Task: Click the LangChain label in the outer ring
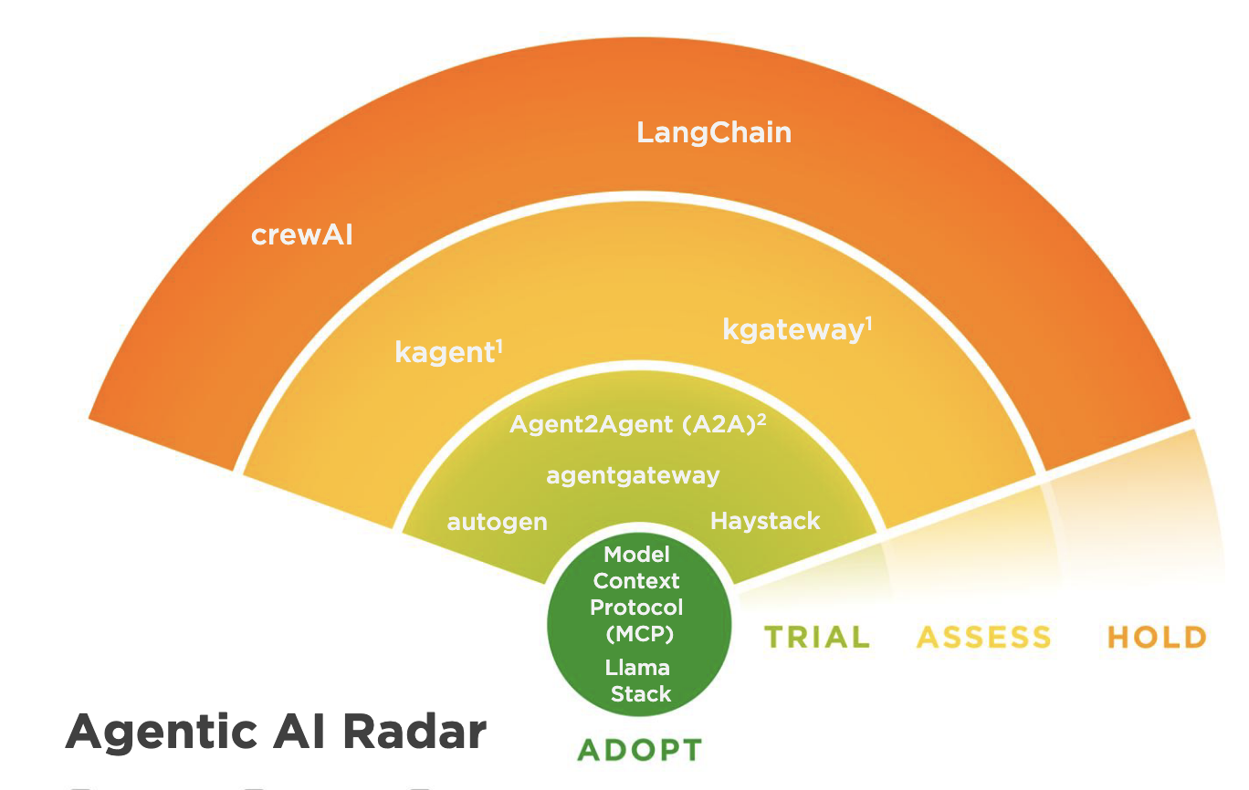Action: click(x=714, y=133)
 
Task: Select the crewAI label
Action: click(x=302, y=236)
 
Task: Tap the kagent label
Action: click(x=445, y=353)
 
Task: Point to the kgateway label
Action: click(x=792, y=330)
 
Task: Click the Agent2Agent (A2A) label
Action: click(x=630, y=426)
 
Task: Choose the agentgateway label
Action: click(x=633, y=475)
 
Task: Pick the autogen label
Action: click(x=497, y=523)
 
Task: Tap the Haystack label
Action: click(x=765, y=521)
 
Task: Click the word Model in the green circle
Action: click(x=637, y=555)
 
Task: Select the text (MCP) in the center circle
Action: click(x=638, y=633)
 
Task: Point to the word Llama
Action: click(x=637, y=668)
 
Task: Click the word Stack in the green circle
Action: click(x=641, y=694)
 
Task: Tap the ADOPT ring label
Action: click(x=639, y=751)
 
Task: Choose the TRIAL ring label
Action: click(x=816, y=637)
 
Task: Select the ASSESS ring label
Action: click(x=983, y=637)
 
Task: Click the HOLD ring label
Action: click(x=1157, y=637)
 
